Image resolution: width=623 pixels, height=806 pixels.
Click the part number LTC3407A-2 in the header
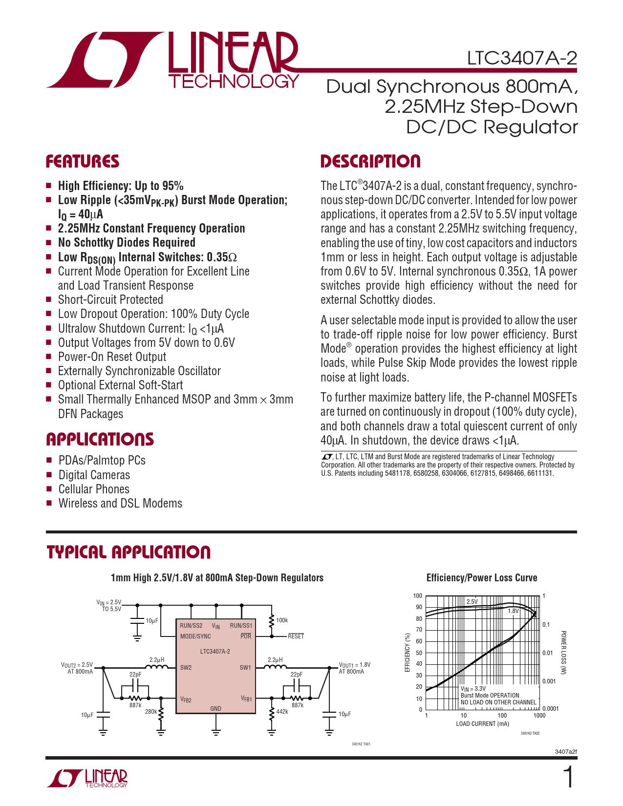point(522,59)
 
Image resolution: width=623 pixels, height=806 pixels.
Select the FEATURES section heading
point(83,162)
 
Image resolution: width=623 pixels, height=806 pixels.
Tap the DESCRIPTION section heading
point(370,162)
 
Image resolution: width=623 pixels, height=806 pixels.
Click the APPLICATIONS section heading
point(100,440)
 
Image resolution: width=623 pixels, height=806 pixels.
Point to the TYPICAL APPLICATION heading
point(129,552)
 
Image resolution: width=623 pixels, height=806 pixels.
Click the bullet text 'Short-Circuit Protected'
point(110,300)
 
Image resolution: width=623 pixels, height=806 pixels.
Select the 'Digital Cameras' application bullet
point(94,475)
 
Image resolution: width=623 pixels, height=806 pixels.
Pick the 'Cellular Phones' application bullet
point(94,489)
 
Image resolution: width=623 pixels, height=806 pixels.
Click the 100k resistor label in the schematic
point(282,620)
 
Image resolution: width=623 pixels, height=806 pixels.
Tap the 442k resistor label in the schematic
point(282,712)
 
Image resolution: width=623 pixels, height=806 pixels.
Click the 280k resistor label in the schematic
point(151,712)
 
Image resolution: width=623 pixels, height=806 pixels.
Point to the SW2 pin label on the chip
point(186,668)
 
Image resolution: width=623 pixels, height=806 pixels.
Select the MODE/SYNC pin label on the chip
point(195,636)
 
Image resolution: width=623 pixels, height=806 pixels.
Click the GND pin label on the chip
point(215,708)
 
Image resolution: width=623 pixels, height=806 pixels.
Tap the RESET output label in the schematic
point(296,636)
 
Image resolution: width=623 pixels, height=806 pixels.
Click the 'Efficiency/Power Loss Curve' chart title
point(482,578)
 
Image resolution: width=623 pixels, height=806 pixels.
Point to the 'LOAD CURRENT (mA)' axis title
point(482,724)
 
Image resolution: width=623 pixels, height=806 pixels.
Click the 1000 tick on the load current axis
point(539,716)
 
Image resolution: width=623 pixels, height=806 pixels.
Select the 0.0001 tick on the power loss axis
point(550,709)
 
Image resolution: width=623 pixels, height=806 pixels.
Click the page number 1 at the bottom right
point(568,778)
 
